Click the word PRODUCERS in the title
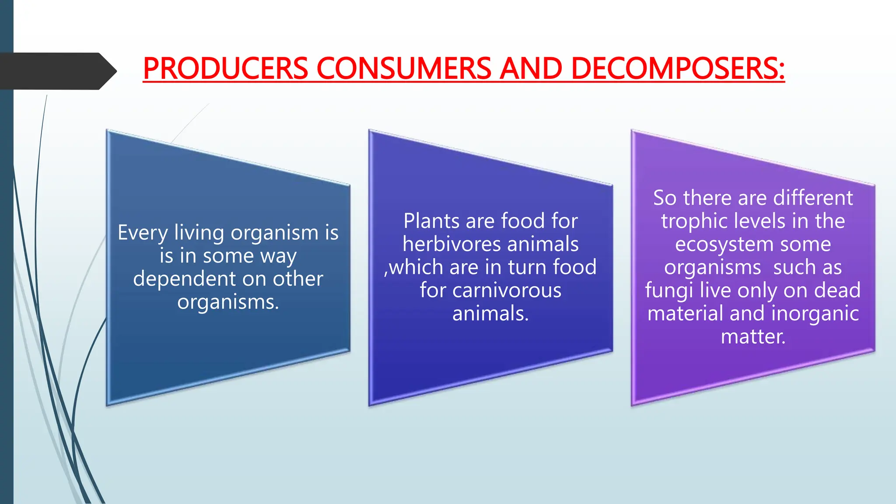pos(226,69)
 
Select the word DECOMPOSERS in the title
pos(678,69)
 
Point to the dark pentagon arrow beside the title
pos(57,71)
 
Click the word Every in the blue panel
pos(143,233)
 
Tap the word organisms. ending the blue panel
pos(228,302)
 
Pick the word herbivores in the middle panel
pos(455,244)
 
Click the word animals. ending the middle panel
pos(490,314)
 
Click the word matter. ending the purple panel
pos(753,337)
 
